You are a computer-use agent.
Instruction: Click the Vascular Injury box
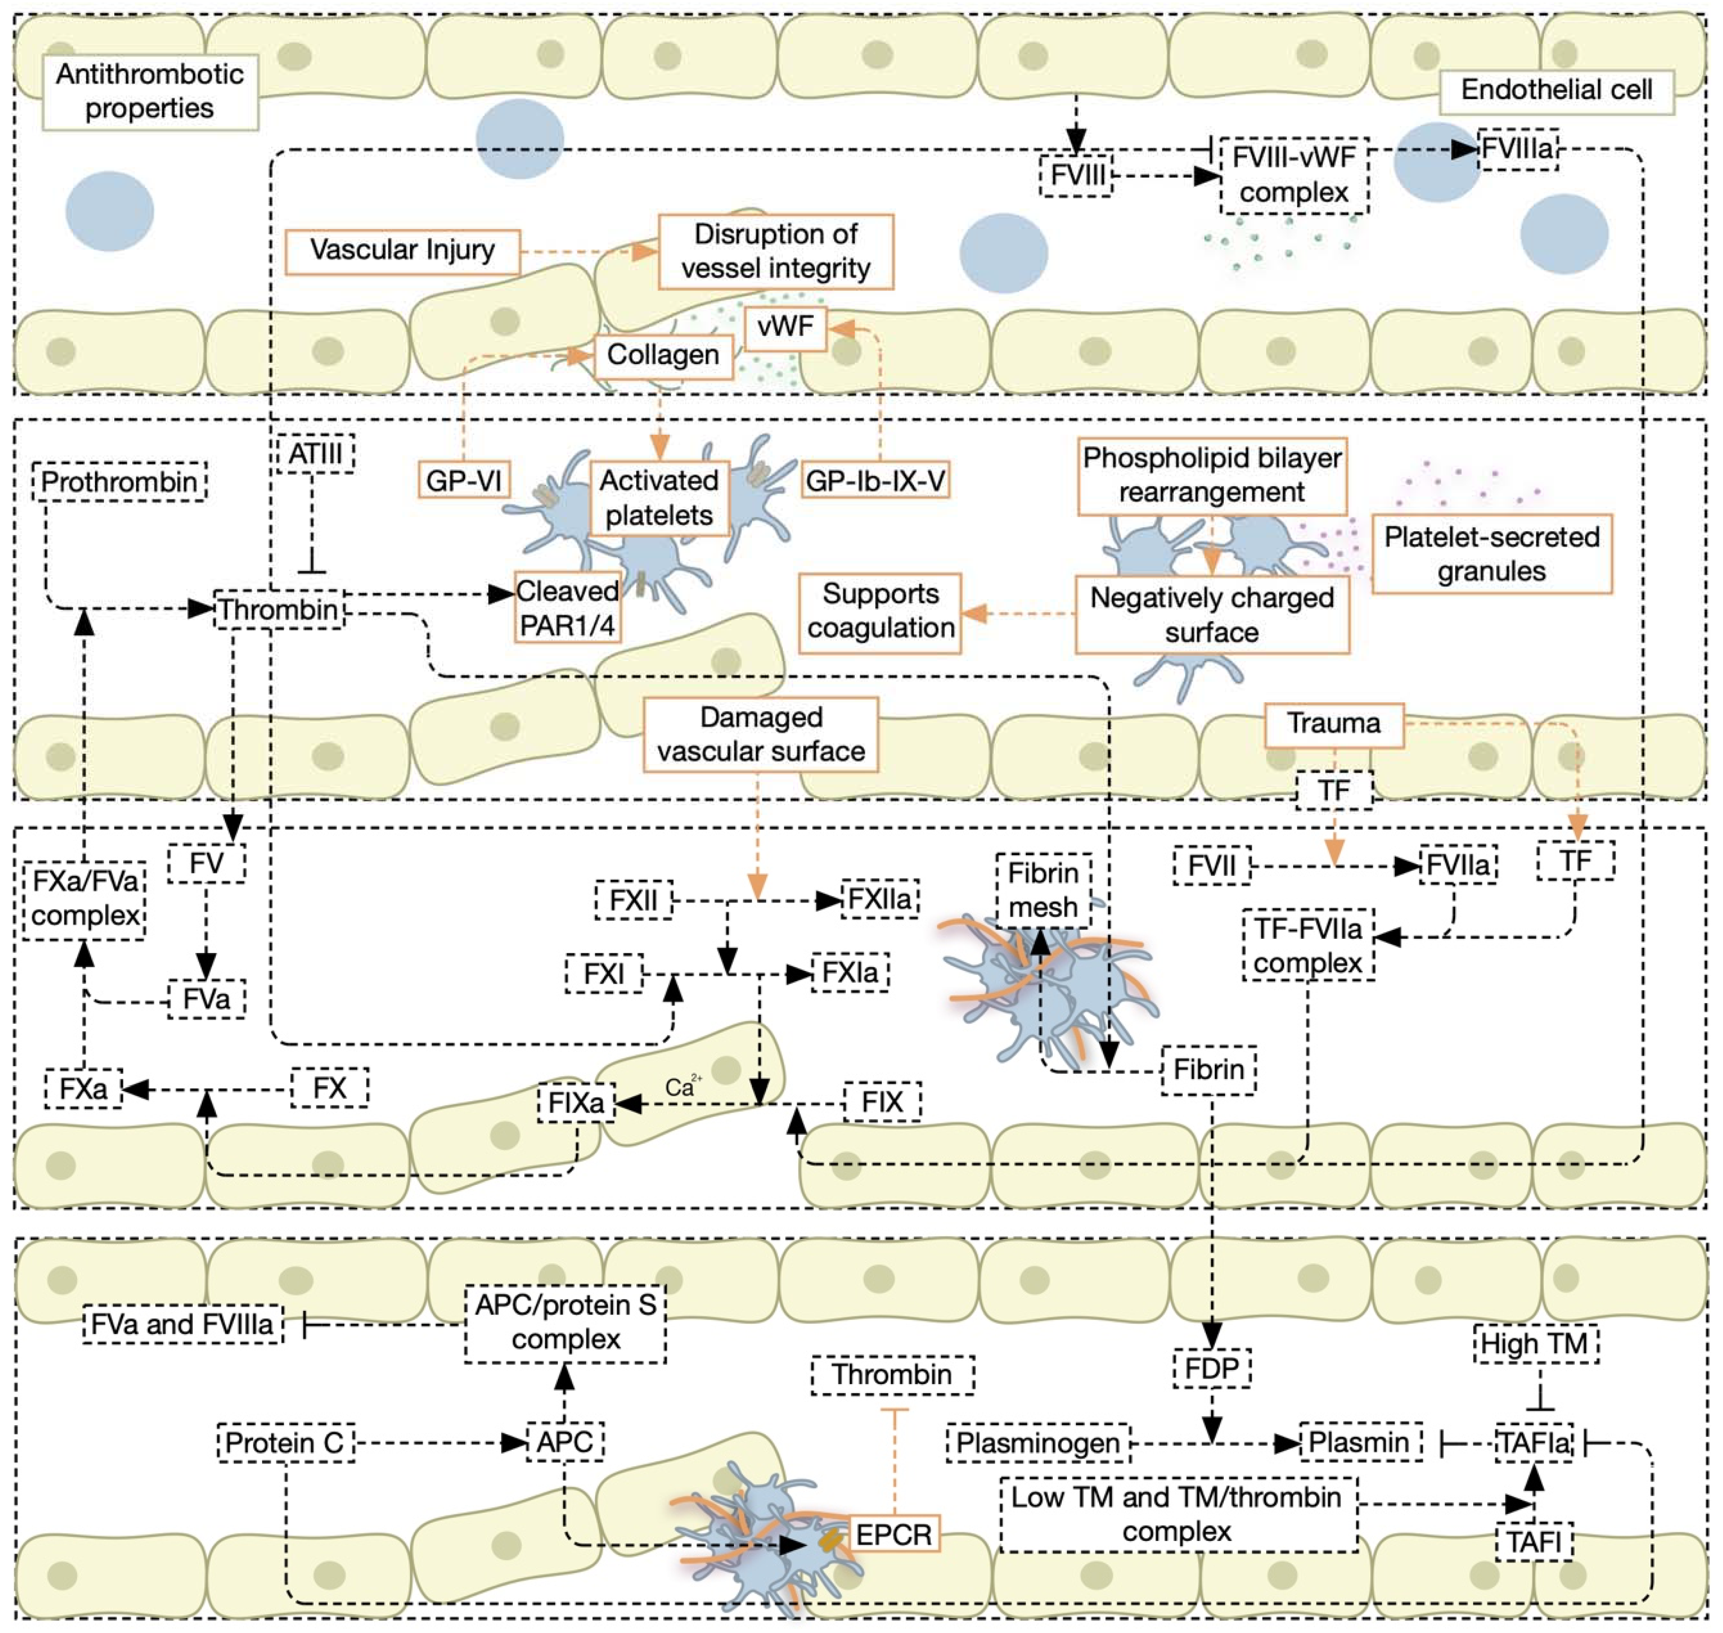coord(403,252)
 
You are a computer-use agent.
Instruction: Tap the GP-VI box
coord(463,480)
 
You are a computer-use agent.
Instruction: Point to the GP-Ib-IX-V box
coord(875,480)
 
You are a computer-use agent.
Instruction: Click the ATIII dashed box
coord(315,453)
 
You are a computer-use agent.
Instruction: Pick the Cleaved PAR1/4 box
coord(568,608)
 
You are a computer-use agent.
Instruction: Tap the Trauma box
coord(1334,725)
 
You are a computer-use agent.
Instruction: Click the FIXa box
coord(576,1103)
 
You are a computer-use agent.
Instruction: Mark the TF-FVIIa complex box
coord(1309,945)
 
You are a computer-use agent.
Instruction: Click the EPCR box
coord(893,1535)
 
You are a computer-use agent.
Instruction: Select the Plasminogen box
coord(1038,1443)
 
